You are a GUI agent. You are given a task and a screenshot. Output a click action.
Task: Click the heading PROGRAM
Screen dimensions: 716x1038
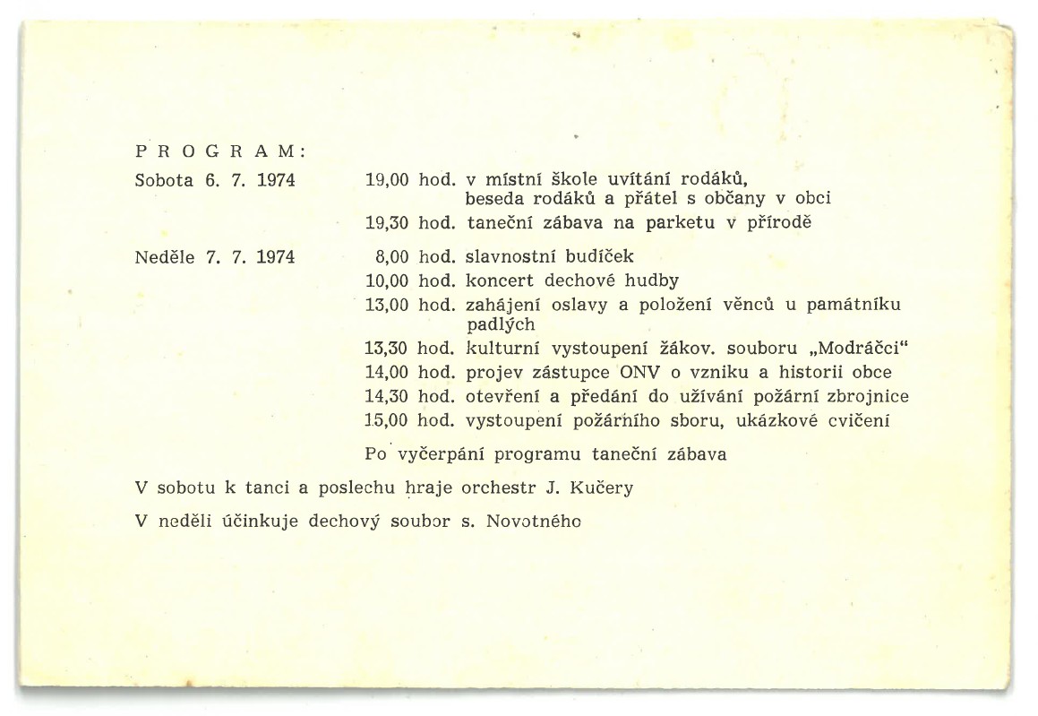coord(219,151)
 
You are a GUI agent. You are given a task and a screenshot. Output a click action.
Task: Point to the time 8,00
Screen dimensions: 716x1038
coord(392,257)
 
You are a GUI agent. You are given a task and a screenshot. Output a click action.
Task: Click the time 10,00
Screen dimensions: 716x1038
coord(388,280)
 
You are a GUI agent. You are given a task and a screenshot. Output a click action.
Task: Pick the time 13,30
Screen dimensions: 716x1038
coord(388,349)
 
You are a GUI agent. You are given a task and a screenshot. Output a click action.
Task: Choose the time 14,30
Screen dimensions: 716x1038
coord(388,395)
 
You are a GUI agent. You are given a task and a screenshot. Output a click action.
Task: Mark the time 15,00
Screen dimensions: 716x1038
coord(388,418)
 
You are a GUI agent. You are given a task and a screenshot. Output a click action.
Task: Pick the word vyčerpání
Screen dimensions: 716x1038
coord(439,454)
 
